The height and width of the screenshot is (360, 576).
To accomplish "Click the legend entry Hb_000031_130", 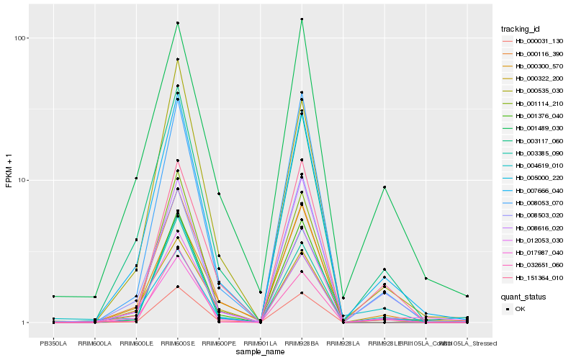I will pyautogui.click(x=534, y=42).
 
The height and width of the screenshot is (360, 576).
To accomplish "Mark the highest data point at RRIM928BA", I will pyautogui.click(x=302, y=19).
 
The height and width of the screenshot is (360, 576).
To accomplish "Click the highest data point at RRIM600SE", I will pyautogui.click(x=177, y=23).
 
